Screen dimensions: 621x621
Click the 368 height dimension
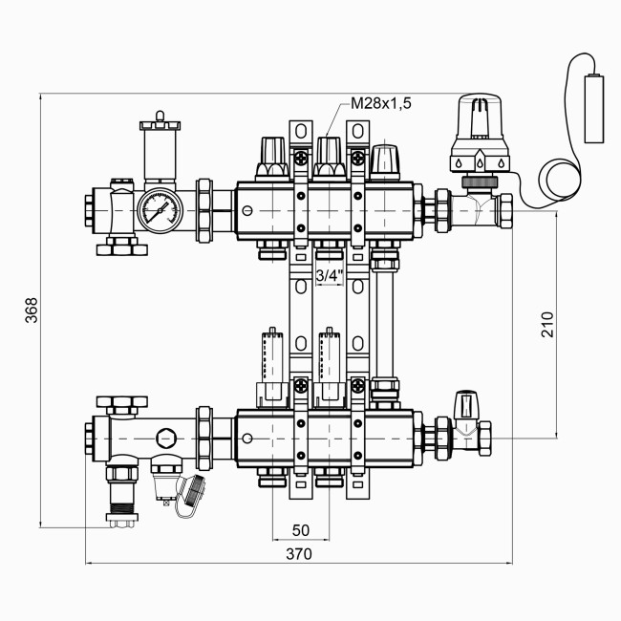(x=31, y=310)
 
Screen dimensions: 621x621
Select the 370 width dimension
(x=298, y=553)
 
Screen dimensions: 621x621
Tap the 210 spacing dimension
(x=546, y=324)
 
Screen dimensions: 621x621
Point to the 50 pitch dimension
(x=301, y=530)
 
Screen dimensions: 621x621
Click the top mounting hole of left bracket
(x=300, y=130)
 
